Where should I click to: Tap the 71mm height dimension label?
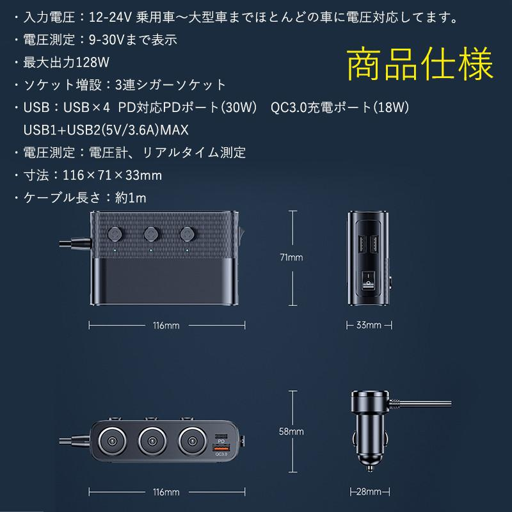(292, 257)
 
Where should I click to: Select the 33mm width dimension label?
(368, 325)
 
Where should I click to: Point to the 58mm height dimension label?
(292, 431)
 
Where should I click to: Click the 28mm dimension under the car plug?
(368, 492)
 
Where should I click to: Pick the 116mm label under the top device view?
(166, 325)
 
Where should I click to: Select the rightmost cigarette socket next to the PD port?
(191, 441)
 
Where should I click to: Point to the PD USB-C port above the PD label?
(221, 431)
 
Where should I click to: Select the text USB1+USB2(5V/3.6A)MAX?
(105, 130)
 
